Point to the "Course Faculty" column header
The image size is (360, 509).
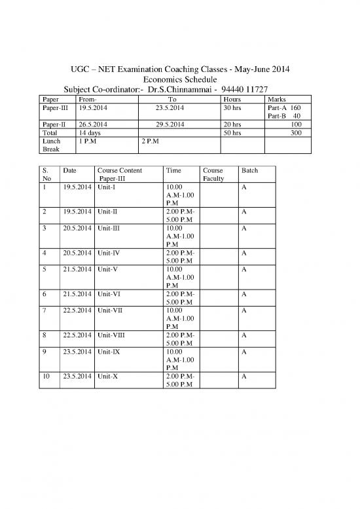pos(214,174)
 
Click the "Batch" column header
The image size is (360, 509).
pos(249,170)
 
